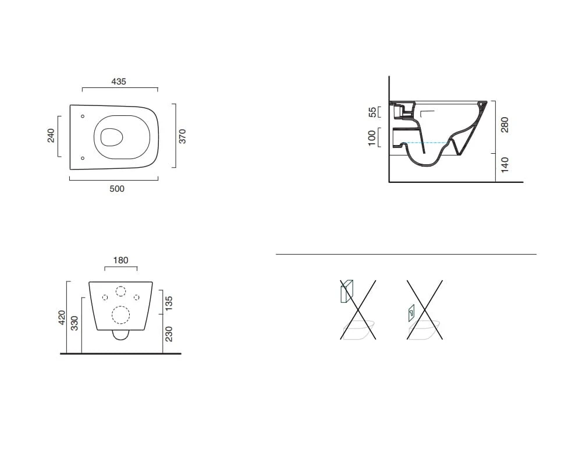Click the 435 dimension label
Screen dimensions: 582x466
pos(119,82)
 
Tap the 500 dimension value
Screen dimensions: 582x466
pos(117,189)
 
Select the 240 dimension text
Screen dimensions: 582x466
pos(51,136)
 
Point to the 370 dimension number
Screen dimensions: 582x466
pos(182,136)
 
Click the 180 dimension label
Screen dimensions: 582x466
pos(120,260)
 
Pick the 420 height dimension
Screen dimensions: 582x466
pos(62,317)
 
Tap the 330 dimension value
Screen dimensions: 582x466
pos(74,323)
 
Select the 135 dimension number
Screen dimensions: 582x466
pos(169,303)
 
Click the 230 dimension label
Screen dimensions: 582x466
pos(169,334)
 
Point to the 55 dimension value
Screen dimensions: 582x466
pos(372,112)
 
